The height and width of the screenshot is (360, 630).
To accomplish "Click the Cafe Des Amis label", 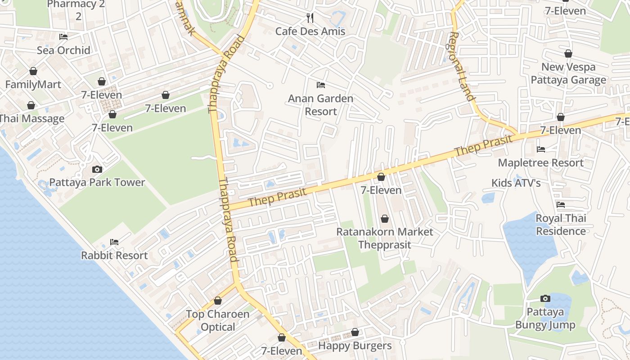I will point(310,31).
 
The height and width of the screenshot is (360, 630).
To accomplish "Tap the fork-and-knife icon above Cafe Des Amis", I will point(310,18).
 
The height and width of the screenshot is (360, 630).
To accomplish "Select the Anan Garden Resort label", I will point(320,105).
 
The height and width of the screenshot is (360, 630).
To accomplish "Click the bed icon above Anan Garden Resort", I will point(320,85).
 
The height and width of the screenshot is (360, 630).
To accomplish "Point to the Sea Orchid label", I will point(63,50).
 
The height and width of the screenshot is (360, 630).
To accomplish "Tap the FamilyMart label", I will point(33,85).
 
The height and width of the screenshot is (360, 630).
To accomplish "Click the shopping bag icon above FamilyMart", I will point(33,71).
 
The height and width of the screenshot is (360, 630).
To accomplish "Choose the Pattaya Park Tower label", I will point(97,182).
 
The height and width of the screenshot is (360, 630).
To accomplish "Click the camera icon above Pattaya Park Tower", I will point(97,169).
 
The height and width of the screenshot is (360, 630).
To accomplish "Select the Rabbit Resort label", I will point(114,255).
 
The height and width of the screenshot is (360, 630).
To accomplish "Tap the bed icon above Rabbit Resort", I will point(114,242).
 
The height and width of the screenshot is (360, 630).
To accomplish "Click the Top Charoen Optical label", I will point(218,320).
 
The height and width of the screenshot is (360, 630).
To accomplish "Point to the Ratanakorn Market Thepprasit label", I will point(385,238).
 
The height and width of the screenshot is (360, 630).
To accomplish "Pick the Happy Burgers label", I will point(355,346).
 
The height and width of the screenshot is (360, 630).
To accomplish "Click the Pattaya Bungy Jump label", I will point(545,319).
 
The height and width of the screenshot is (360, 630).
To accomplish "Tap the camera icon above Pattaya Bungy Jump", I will point(545,298).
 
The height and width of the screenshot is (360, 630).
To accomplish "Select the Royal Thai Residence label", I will point(561,225).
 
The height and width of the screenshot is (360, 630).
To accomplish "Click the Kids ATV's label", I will point(516,183).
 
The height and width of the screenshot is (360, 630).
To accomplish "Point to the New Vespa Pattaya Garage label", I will point(568,73).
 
